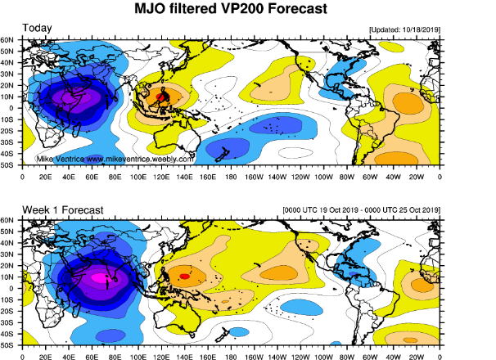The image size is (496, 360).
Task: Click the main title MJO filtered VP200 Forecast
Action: pos(231,8)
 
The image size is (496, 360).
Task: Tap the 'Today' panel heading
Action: pos(37,28)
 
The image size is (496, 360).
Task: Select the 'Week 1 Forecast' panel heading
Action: pos(63,210)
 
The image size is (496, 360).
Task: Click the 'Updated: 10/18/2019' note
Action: pos(404,29)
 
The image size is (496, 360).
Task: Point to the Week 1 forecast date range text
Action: pos(361,210)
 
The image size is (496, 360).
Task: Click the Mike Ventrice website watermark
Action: pos(115,159)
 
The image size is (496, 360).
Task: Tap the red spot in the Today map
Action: pos(161,97)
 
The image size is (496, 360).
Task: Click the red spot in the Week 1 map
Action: pos(185,277)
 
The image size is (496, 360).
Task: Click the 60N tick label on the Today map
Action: pos(7,40)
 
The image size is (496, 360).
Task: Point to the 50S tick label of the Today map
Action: pos(7,165)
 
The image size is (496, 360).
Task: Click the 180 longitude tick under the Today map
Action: pos(231,177)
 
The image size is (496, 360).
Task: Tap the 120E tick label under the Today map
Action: pos(161,177)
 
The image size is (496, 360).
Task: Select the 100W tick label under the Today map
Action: pos(323,177)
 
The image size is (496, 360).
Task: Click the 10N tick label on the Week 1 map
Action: pos(7,277)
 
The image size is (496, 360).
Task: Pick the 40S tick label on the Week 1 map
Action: pos(7,334)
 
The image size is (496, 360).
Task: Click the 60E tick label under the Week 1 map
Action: pos(92,358)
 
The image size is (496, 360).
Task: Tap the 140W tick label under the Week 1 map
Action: pos(277,358)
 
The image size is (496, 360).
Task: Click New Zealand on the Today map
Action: pos(223,155)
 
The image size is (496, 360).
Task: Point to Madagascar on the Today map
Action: pos(76,130)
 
